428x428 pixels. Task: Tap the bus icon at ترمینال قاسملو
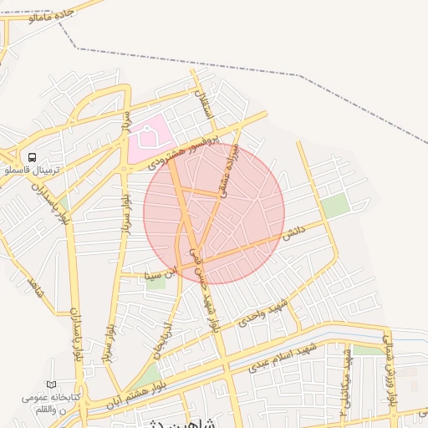tap(32, 157)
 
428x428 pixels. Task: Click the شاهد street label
tap(34, 287)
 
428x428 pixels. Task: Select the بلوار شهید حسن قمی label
tap(206, 288)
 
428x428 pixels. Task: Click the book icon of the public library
tap(53, 384)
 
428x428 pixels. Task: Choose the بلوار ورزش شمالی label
tap(390, 368)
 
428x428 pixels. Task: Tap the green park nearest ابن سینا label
tap(155, 283)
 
